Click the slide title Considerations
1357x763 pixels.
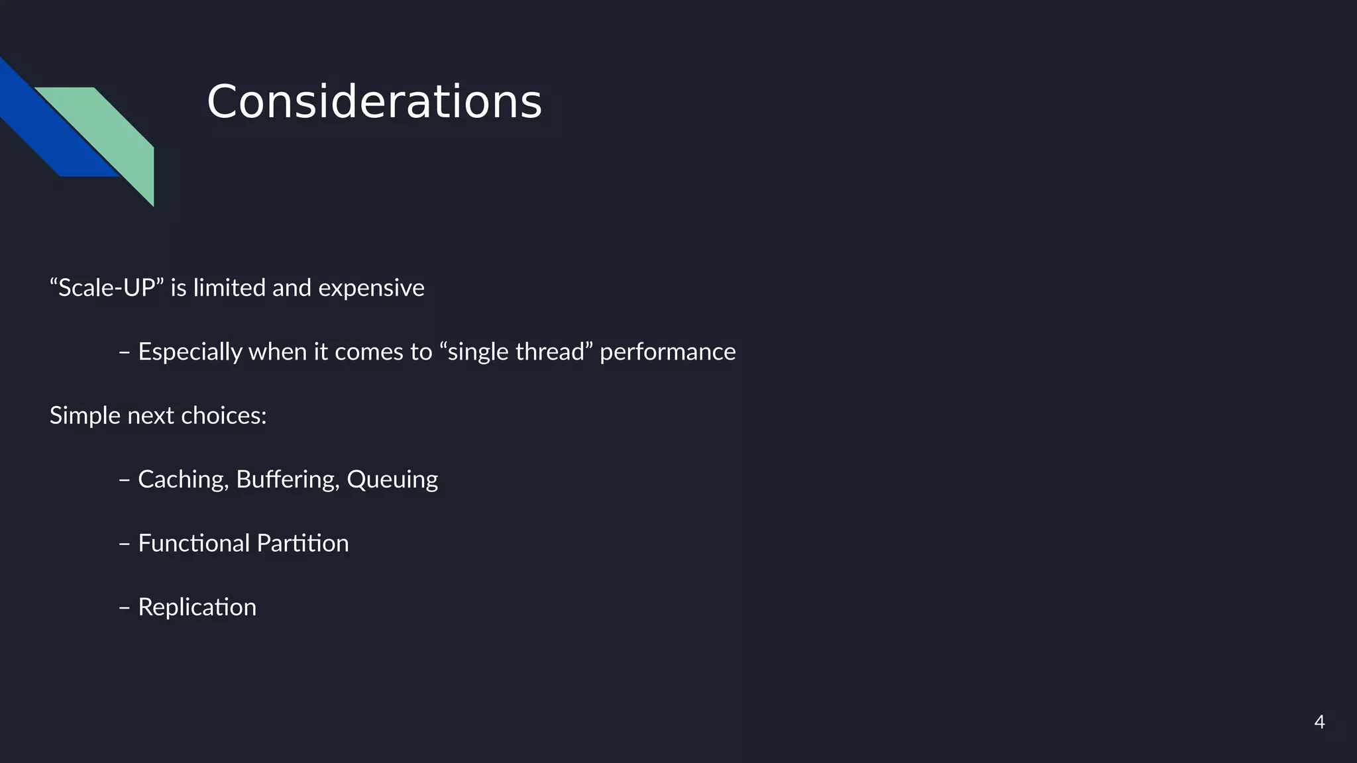374,102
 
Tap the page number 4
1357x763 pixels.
1319,722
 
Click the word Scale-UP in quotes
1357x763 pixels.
106,288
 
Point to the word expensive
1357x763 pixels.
371,288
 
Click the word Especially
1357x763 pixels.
190,352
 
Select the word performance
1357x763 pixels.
667,352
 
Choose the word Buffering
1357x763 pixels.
288,480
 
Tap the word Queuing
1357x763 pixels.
392,480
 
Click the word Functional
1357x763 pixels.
193,543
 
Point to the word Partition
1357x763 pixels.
302,543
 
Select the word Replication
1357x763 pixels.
197,607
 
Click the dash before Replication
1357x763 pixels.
124,607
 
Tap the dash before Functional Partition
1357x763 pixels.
124,544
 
